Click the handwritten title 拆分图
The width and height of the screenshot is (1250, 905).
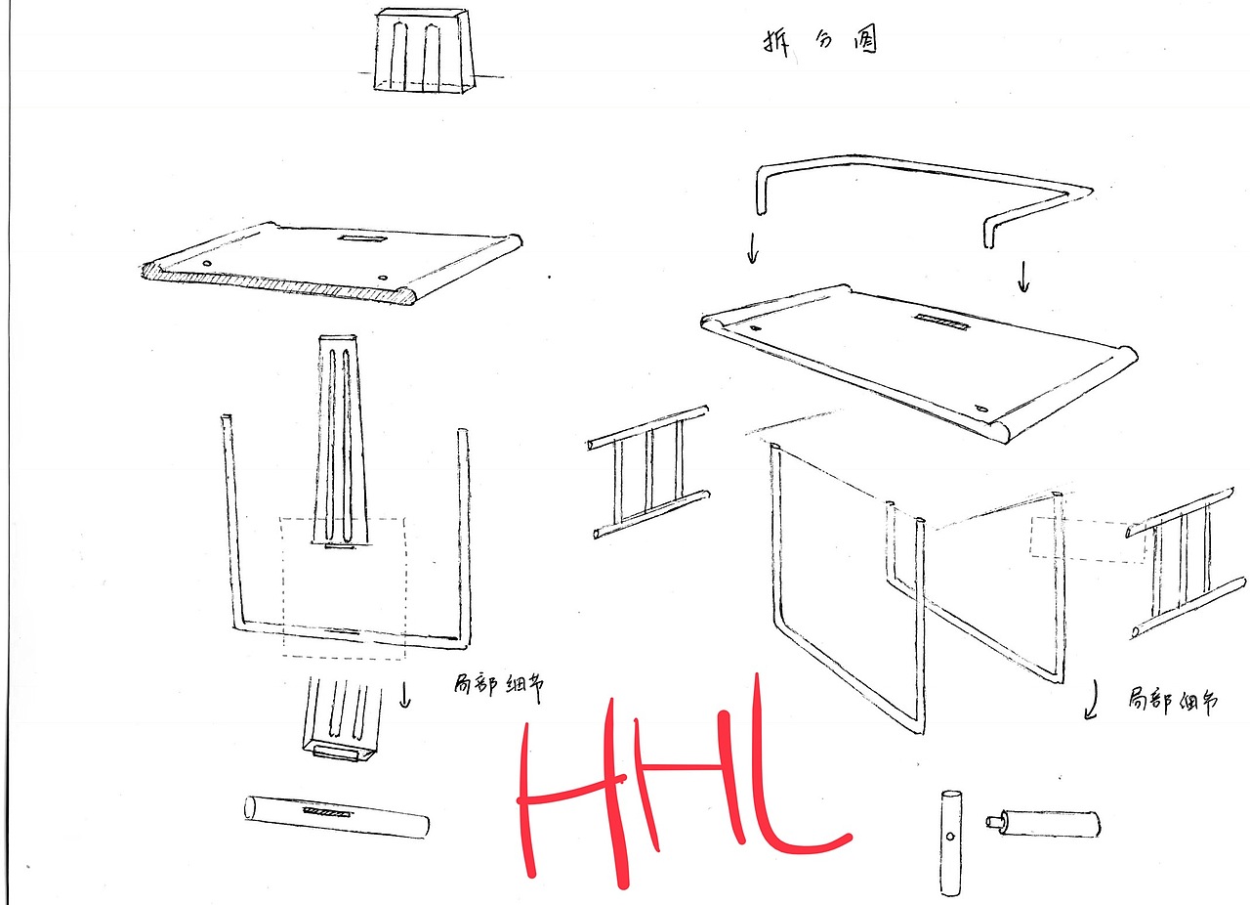pyautogui.click(x=820, y=42)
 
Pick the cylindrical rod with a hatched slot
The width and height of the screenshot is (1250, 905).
pyautogui.click(x=337, y=817)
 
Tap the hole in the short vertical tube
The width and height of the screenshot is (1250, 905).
pyautogui.click(x=950, y=837)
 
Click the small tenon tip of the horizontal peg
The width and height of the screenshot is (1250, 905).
pyautogui.click(x=993, y=821)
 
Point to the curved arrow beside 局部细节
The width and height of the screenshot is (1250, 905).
pyautogui.click(x=1091, y=700)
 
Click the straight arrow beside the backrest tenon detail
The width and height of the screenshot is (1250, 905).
pyautogui.click(x=405, y=695)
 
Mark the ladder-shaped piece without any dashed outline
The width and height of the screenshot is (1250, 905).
pyautogui.click(x=648, y=473)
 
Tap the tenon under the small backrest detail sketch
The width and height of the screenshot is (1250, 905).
pyautogui.click(x=336, y=752)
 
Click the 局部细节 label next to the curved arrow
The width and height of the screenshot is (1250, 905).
pyautogui.click(x=1172, y=701)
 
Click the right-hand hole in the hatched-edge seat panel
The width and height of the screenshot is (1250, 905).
pyautogui.click(x=383, y=278)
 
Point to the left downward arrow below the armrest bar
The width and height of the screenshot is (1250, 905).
pyautogui.click(x=753, y=248)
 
